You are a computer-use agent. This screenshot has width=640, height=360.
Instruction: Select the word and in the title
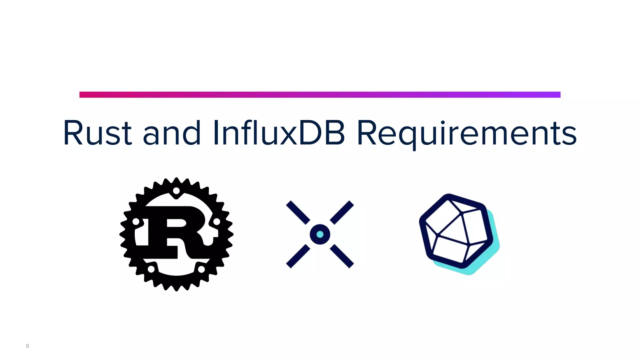[172, 133]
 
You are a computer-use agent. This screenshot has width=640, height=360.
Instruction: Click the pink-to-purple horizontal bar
[320, 95]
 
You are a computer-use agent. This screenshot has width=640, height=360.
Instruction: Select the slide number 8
[27, 346]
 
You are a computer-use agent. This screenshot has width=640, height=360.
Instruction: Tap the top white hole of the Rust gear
[176, 190]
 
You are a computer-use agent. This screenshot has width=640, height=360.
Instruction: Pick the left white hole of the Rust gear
[136, 222]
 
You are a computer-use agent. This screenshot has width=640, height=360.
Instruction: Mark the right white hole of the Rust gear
[217, 222]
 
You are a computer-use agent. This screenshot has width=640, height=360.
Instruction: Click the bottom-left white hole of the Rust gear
[151, 269]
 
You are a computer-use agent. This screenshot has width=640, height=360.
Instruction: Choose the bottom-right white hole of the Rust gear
[202, 269]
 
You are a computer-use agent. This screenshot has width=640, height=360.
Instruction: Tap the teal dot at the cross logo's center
[320, 234]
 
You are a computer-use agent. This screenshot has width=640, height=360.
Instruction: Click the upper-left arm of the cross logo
[298, 212]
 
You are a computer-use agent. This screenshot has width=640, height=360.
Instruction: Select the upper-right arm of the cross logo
[342, 212]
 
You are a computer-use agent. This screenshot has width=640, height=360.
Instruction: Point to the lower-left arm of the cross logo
[298, 256]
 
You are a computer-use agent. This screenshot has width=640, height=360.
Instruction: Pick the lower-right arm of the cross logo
[342, 256]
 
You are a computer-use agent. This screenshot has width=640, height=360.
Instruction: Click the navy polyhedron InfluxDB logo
[455, 231]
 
